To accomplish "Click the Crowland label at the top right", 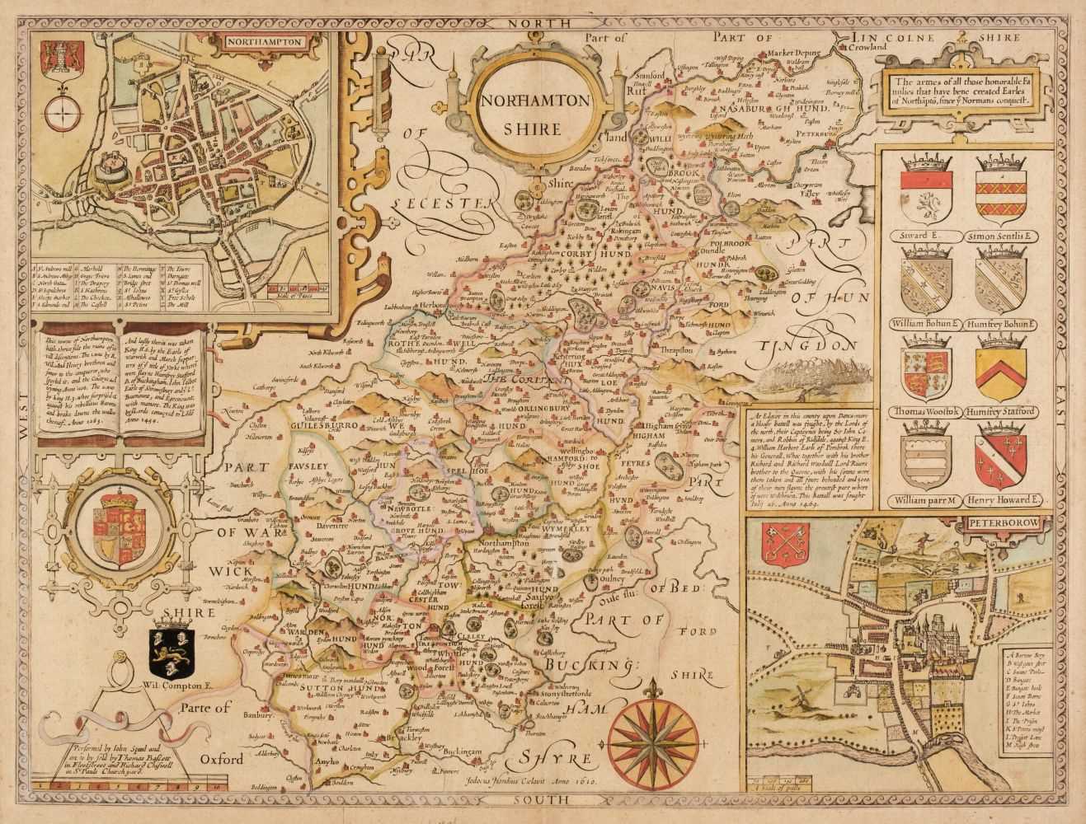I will tap(867, 47).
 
